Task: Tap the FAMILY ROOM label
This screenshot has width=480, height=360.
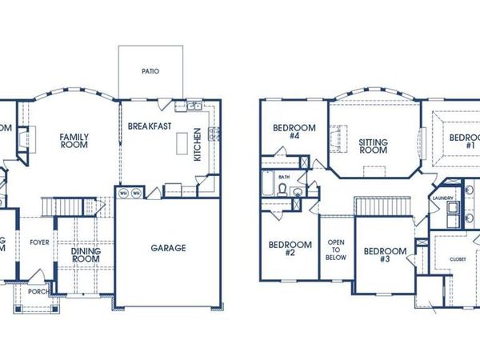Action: point(74,141)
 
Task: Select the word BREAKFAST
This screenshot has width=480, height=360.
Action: point(150,126)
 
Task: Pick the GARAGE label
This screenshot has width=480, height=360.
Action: point(168,248)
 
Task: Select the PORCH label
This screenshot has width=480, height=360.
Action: point(37,292)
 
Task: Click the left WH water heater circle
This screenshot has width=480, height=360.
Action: point(124,193)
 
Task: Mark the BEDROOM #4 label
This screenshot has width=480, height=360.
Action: point(294,132)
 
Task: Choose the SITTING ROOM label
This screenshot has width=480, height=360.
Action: point(373,146)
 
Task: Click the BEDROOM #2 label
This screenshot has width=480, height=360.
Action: point(289,249)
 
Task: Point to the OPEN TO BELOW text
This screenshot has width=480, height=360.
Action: point(334,253)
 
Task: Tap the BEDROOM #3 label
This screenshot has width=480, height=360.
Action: point(385,255)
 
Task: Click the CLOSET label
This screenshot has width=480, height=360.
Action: point(457,259)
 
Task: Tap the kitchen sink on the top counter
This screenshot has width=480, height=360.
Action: point(195,105)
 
